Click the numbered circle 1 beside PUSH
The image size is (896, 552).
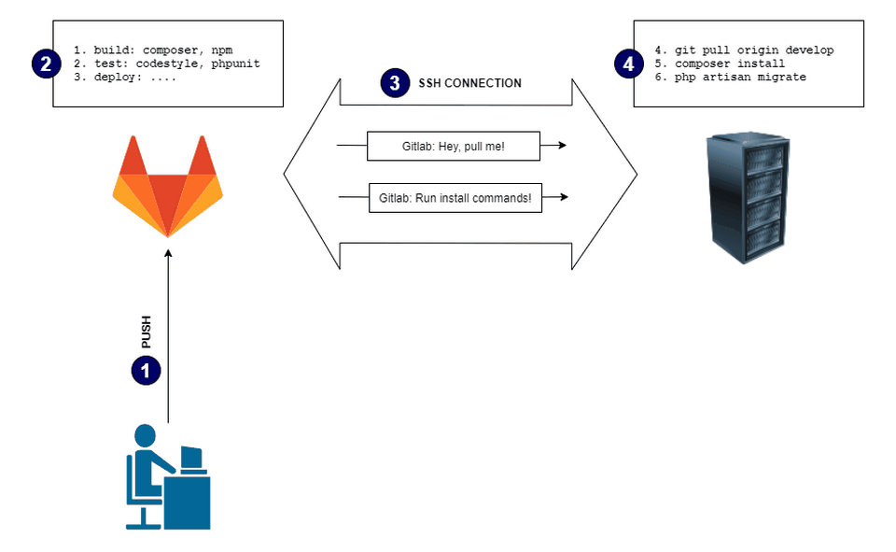click(146, 371)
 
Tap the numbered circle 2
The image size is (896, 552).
click(47, 64)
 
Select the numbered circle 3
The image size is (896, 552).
click(395, 83)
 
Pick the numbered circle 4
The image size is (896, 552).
click(628, 64)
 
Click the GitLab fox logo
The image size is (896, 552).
click(167, 187)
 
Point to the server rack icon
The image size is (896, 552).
click(748, 198)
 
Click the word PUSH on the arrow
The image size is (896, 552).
click(147, 332)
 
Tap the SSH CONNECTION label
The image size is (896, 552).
click(469, 83)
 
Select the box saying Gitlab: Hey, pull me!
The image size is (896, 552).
click(454, 147)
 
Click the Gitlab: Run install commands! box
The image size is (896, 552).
click(455, 198)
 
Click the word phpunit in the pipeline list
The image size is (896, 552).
click(235, 64)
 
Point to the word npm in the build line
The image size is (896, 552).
click(222, 50)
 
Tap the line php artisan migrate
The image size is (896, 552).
click(740, 78)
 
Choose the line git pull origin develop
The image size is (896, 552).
click(754, 50)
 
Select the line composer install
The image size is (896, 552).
click(730, 64)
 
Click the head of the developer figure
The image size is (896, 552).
click(146, 436)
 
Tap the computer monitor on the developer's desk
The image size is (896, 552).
click(191, 458)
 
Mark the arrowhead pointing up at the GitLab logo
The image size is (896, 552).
click(168, 253)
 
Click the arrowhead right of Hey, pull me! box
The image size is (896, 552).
click(562, 146)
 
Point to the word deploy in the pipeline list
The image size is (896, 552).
click(114, 78)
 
